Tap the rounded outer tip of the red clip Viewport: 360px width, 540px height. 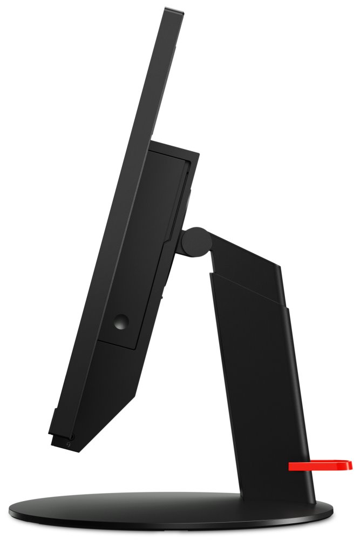(348, 464)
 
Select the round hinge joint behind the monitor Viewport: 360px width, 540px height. (195, 240)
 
